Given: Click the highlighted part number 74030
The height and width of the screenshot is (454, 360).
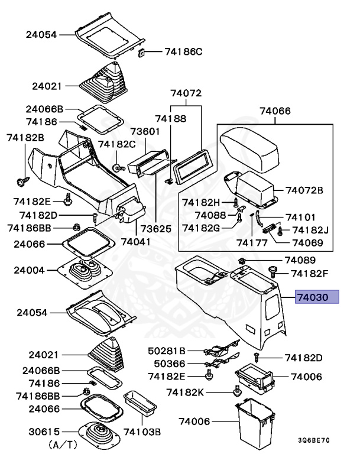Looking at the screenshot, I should tap(316, 297).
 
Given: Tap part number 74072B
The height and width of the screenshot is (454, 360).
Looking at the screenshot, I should tap(304, 190).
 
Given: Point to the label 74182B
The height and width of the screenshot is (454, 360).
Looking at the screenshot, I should tap(25, 137).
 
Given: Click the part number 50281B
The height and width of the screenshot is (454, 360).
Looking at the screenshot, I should tap(167, 351).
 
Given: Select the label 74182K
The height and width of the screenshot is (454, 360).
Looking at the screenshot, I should tap(186, 392).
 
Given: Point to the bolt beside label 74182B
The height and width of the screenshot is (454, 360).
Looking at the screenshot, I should tap(23, 177).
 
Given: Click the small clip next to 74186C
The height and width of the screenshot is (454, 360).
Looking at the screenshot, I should tap(142, 53).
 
